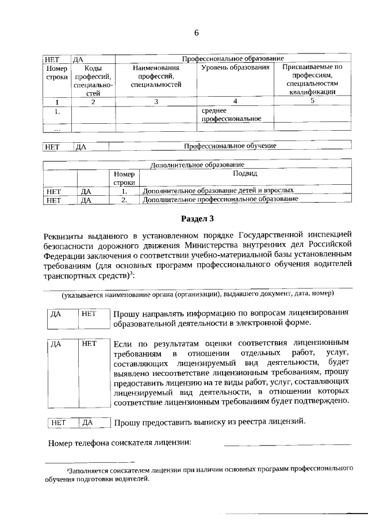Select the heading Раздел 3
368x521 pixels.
point(197,219)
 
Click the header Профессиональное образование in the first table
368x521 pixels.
point(233,59)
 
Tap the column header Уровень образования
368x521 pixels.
point(235,68)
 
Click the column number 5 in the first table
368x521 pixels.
point(312,101)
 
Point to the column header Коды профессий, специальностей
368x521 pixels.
point(93,80)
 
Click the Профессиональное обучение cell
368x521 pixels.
point(230,146)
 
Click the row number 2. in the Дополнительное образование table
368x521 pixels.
point(124,200)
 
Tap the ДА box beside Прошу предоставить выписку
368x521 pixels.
point(87,422)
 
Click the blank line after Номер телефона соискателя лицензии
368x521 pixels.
point(287,443)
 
